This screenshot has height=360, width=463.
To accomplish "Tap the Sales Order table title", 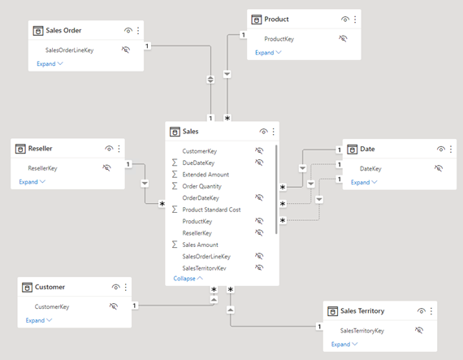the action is click(x=63, y=30).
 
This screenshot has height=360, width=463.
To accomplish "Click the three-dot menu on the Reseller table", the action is click(x=119, y=149).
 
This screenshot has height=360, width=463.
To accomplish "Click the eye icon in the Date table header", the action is click(x=440, y=150).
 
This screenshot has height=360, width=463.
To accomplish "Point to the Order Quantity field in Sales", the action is click(x=201, y=186).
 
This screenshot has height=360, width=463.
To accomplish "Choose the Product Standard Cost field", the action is click(x=211, y=210).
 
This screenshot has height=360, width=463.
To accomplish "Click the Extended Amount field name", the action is click(x=206, y=175).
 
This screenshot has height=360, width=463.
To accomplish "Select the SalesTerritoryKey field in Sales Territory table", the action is click(x=362, y=331).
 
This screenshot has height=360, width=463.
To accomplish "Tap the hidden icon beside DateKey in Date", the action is click(x=439, y=168).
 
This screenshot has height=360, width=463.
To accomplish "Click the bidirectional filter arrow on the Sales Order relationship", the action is click(x=210, y=80).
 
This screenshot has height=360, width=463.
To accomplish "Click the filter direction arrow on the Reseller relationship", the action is click(x=145, y=184).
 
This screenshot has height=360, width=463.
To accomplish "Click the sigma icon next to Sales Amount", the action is click(x=175, y=245).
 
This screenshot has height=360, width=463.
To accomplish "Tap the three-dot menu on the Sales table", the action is click(x=274, y=132).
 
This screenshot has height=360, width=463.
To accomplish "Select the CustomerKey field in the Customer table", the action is click(x=52, y=306).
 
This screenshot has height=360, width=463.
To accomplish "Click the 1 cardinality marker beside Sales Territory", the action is click(x=319, y=327).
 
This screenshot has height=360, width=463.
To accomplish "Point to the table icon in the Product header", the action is click(x=257, y=20).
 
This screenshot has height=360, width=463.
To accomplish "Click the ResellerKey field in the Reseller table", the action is click(x=42, y=168).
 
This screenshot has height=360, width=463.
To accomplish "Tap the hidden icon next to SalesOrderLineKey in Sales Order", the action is click(x=126, y=50).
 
